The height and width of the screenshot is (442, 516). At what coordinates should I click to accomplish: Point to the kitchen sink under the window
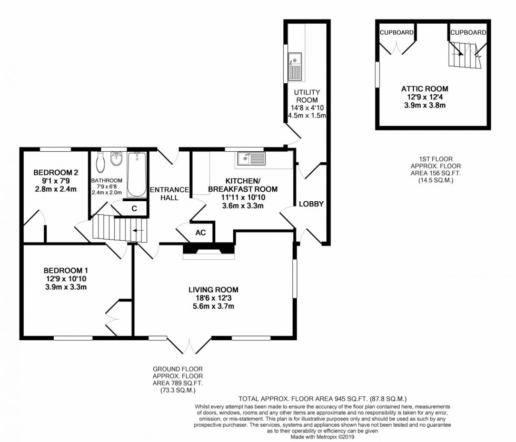[x=251, y=159]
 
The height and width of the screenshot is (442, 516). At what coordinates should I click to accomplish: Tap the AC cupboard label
[x=201, y=232]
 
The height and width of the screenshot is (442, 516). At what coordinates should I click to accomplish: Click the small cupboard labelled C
[x=134, y=209]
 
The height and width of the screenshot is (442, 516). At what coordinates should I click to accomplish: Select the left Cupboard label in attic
[x=396, y=32]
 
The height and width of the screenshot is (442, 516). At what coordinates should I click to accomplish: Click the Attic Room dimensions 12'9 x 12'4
[x=424, y=97]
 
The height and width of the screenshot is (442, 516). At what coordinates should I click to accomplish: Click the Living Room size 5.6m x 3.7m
[x=214, y=307]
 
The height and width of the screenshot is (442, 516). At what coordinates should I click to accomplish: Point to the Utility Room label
[x=306, y=96]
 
